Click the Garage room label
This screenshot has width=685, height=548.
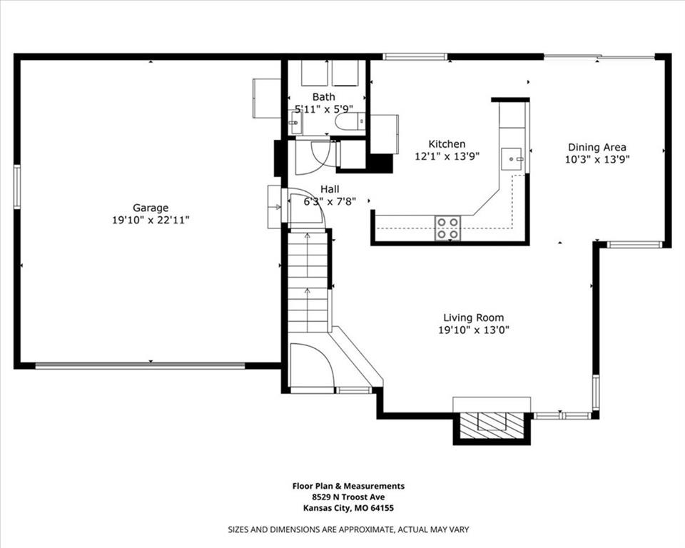151,208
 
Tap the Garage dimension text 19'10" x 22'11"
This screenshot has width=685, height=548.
151,220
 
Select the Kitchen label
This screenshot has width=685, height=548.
447,143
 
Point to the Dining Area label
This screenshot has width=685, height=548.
597,147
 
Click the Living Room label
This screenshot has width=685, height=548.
474,318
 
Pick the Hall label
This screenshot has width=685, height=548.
330,189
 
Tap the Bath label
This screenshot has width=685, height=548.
324,96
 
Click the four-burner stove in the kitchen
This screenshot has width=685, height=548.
448,228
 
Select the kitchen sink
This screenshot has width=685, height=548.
511,159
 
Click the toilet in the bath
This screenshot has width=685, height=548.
350,121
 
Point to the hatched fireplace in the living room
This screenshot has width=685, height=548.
492,425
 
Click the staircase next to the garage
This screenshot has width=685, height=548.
308,282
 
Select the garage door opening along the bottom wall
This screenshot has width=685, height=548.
140,365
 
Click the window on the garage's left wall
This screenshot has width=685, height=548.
17,187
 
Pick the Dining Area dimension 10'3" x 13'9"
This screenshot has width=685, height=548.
597,160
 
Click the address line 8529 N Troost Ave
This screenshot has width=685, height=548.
349,497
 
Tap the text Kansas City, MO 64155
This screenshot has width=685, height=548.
349,508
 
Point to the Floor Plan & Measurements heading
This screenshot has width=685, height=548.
349,486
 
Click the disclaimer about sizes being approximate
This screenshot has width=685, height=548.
349,529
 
